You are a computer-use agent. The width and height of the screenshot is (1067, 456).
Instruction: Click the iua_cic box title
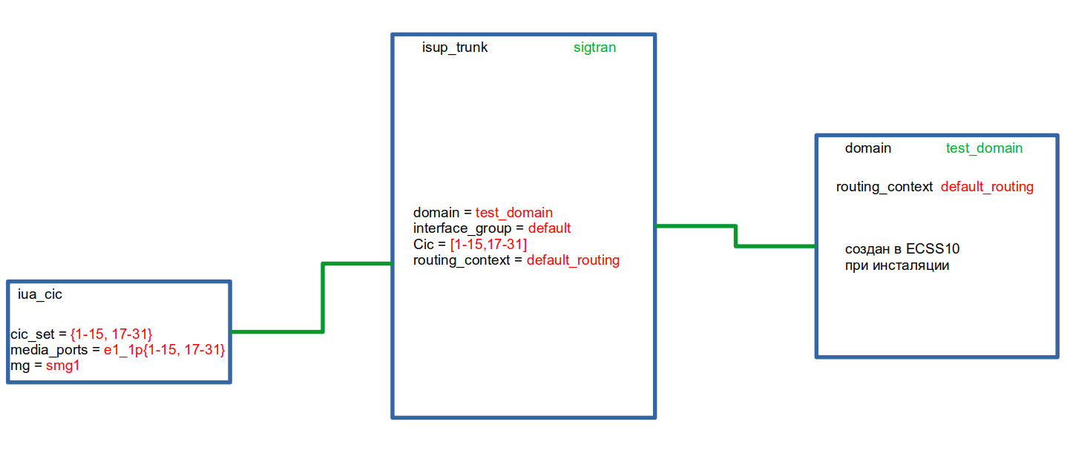pos(40,294)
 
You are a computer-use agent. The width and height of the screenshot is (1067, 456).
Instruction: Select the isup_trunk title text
pos(455,47)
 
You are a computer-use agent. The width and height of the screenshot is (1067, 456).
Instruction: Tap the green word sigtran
pos(594,47)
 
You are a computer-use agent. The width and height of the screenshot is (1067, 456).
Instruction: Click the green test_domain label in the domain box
pos(984,148)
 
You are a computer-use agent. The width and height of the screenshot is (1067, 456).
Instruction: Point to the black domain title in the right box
pos(868,148)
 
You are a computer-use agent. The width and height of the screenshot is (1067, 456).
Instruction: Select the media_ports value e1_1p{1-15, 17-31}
pos(164,349)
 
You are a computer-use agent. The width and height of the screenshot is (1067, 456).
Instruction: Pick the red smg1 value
pos(62,366)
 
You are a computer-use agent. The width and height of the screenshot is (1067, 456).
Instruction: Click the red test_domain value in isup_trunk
pos(514,213)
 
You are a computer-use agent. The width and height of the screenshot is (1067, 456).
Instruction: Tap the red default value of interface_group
pos(549,228)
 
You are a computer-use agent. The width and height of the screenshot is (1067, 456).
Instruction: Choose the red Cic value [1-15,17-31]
pos(488,245)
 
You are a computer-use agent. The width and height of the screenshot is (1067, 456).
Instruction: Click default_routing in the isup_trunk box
pos(573,260)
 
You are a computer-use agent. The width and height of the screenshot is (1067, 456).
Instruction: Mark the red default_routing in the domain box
pos(987,187)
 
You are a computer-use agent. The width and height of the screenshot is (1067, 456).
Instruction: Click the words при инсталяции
pos(896,265)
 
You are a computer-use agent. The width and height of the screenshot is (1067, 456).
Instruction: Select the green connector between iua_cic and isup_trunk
pos(323,297)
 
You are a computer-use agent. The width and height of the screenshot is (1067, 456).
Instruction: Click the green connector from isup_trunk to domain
pos(735,236)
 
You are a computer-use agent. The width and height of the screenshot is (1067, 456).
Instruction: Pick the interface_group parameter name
pos(462,228)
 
